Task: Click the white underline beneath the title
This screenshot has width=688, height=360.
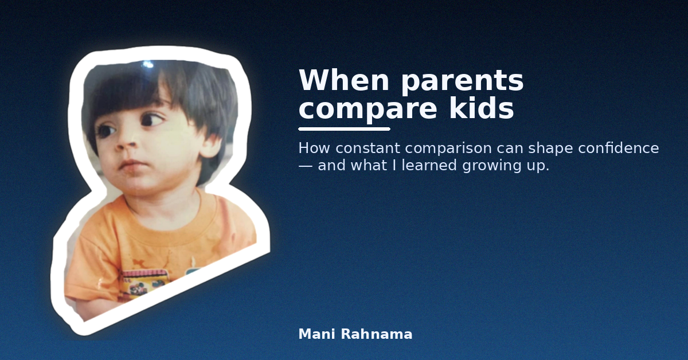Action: (344, 129)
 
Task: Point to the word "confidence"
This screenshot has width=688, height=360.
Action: (618, 148)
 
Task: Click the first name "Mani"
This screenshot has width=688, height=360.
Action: (316, 334)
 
